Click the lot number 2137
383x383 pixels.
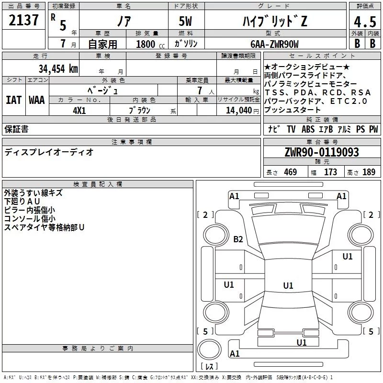coord(23,20)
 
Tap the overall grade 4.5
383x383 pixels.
coord(365,22)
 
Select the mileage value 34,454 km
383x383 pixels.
coord(58,68)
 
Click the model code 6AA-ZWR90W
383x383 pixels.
coord(274,44)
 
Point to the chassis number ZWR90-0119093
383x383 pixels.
coord(322,152)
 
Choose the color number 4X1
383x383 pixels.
coord(79,111)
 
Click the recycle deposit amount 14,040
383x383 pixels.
coord(239,111)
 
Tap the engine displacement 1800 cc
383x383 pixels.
coord(150,44)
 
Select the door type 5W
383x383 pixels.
coord(185,21)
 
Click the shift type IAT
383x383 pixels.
coord(14,100)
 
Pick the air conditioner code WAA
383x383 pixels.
coord(37,100)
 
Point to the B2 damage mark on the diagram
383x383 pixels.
coord(238,239)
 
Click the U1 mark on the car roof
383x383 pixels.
coord(288,285)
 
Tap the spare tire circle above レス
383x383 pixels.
coord(209,349)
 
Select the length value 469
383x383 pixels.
coord(291,172)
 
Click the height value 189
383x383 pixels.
coord(369,172)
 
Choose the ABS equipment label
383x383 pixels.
coord(308,129)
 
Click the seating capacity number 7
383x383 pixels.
coord(200,90)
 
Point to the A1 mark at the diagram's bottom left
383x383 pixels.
coord(235,353)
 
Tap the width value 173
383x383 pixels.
coord(330,172)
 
